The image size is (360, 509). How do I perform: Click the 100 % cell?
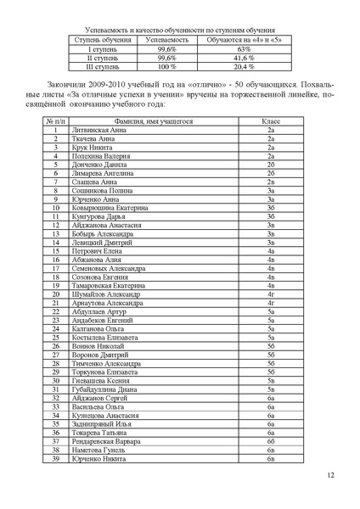pyautogui.click(x=166, y=66)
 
